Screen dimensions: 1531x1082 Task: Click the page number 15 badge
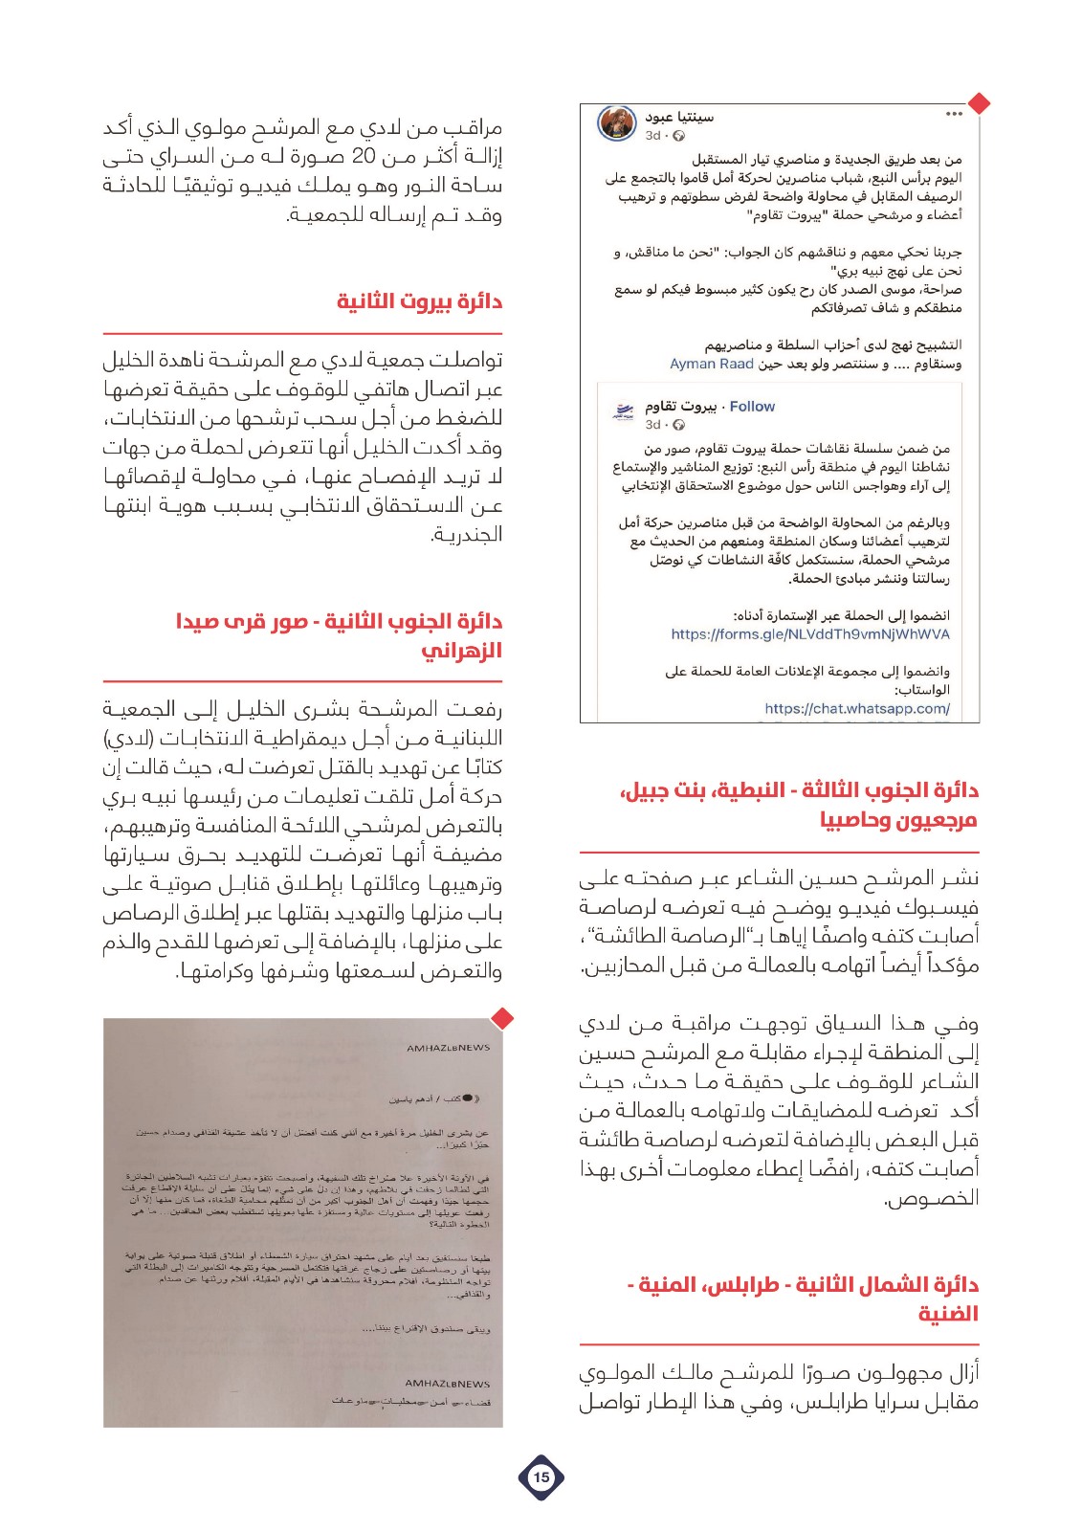541,1476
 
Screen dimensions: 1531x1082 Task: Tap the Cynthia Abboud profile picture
617,124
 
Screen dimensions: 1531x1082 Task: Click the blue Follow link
752,407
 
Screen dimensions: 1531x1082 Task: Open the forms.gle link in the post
810,634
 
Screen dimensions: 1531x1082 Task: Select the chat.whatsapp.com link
857,709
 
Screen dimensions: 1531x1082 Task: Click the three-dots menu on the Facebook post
954,115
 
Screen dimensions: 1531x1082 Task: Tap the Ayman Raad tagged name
712,365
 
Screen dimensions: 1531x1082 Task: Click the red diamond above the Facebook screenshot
979,102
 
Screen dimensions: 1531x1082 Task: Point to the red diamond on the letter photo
502,1018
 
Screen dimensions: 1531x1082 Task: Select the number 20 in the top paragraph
364,157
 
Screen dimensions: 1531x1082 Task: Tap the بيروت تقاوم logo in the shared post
623,412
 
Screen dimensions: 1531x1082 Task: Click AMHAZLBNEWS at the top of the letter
448,1048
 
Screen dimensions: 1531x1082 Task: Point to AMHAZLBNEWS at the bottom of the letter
447,1384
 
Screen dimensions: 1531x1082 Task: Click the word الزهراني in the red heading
462,651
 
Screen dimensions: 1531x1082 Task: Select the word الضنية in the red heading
948,1314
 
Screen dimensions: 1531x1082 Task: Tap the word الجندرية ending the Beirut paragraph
467,535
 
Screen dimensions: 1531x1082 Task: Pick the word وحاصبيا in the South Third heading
853,820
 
